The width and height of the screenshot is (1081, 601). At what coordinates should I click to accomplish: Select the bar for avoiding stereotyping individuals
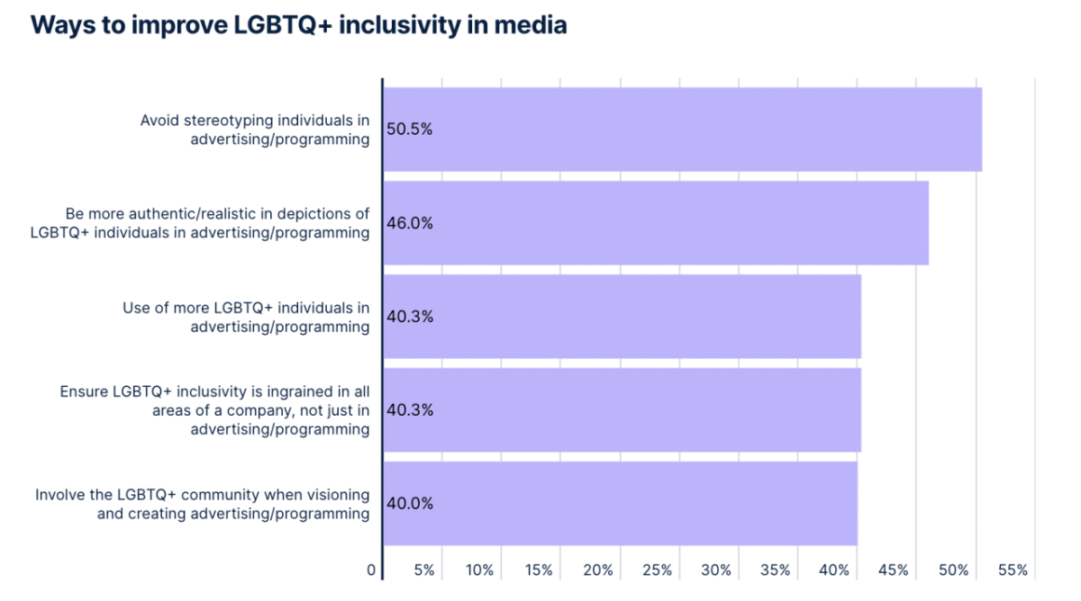[682, 129]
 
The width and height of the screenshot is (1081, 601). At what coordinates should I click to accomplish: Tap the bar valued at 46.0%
[656, 223]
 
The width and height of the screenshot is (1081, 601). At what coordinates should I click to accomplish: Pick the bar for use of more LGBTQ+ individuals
[622, 317]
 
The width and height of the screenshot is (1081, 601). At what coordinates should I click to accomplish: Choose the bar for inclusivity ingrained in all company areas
[622, 410]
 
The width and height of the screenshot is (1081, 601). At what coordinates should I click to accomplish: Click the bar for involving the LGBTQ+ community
[620, 504]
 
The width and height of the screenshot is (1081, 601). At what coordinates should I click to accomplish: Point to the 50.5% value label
[410, 129]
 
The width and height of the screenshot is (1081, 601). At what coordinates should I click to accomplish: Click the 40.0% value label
[410, 504]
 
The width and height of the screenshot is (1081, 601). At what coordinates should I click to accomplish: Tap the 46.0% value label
[410, 223]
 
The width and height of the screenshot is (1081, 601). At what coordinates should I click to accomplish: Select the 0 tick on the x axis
[371, 570]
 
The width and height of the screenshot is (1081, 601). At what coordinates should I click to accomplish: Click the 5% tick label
[424, 570]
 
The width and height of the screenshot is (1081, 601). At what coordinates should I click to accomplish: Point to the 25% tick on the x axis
[658, 570]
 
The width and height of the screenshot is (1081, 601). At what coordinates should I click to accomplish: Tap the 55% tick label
[1013, 570]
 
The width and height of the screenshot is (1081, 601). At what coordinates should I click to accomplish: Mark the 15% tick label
[540, 570]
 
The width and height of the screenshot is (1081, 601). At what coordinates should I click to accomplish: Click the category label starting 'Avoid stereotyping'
[255, 129]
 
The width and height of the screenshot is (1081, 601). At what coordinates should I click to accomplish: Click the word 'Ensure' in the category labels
[83, 391]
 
